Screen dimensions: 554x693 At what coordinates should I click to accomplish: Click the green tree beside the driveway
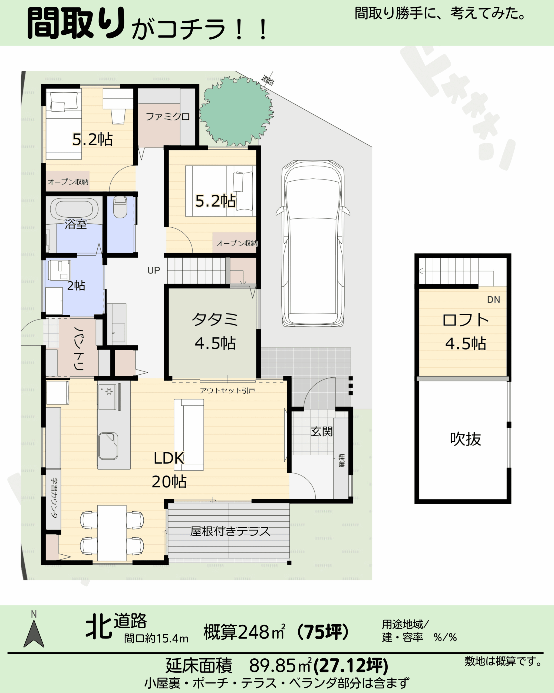tap(236, 111)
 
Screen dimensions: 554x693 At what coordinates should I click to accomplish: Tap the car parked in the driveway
tap(312, 244)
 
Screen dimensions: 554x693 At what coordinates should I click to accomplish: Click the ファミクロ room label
tap(167, 116)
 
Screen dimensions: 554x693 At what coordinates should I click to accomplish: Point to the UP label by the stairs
tap(154, 270)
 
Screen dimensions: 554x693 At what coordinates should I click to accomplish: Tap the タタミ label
tap(215, 319)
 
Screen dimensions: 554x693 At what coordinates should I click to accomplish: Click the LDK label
tap(169, 458)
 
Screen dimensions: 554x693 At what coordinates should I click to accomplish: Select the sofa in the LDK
tap(189, 434)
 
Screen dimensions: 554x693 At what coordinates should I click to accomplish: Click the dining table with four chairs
tap(112, 532)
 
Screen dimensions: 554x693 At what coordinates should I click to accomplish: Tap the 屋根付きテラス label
tap(230, 531)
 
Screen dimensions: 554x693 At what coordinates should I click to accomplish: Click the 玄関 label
tap(321, 431)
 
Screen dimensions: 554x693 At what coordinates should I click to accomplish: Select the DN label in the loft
tap(494, 300)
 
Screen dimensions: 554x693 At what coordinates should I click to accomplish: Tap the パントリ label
tap(79, 348)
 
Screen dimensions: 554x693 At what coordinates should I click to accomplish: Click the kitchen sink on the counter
tap(108, 446)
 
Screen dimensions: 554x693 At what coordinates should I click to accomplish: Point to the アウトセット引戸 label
tap(227, 391)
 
